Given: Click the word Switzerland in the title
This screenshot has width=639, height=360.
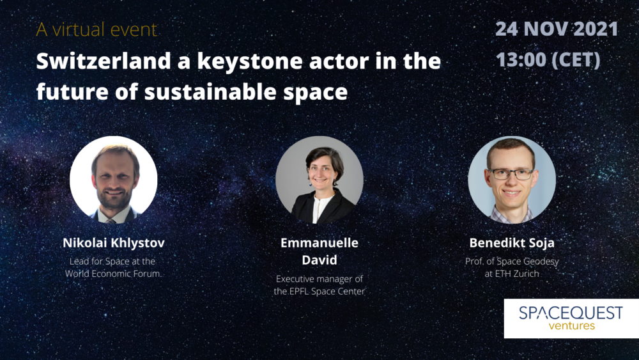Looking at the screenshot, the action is [x=104, y=61].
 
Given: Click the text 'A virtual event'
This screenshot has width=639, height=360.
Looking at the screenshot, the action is [x=96, y=29].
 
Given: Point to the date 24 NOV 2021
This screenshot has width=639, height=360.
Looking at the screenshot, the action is [x=557, y=29].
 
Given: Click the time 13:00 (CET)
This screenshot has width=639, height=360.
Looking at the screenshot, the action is [x=548, y=59].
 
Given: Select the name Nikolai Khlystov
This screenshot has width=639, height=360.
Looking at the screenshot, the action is [x=114, y=243].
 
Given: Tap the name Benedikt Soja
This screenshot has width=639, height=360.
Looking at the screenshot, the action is [x=512, y=243].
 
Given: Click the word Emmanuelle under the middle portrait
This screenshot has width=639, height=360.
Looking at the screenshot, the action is [x=319, y=242].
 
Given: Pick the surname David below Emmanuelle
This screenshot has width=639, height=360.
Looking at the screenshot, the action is [x=319, y=260].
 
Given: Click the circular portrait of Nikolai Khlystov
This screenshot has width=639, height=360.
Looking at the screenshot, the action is [x=114, y=180].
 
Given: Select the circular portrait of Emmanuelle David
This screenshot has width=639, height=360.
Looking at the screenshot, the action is [x=319, y=180].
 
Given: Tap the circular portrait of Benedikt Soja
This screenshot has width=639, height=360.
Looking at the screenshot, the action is [x=512, y=180].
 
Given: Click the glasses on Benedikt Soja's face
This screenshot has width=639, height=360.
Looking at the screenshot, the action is [x=511, y=174].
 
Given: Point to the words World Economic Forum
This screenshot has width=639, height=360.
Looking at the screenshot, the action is [x=113, y=274].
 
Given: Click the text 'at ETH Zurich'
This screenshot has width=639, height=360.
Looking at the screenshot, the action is [x=512, y=274].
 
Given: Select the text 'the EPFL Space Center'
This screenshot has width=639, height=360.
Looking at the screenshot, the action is [x=319, y=292].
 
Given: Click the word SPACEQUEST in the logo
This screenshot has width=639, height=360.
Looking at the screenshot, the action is [x=571, y=313].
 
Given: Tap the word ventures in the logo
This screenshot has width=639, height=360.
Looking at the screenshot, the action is [x=571, y=325].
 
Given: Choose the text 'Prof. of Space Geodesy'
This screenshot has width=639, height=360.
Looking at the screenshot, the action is [x=512, y=262].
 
